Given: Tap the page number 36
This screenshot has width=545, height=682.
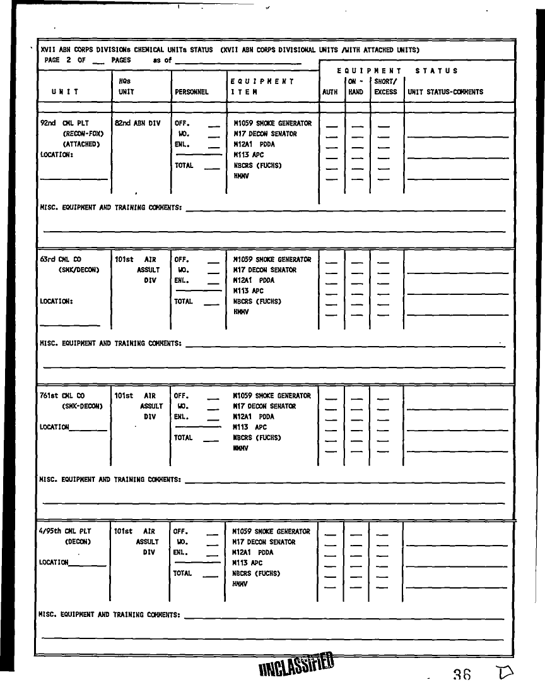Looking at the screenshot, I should pyautogui.click(x=462, y=674).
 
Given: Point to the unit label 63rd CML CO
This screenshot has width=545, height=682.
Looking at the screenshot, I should pyautogui.click(x=61, y=260).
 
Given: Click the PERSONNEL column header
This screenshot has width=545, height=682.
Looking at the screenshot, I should pyautogui.click(x=191, y=92).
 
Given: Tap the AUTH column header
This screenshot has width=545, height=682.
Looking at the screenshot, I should pyautogui.click(x=330, y=92).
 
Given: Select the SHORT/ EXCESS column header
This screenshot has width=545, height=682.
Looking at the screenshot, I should pyautogui.click(x=385, y=87).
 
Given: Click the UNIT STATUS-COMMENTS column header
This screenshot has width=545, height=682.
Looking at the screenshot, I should pyautogui.click(x=445, y=92).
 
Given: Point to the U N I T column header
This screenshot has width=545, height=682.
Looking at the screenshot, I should pyautogui.click(x=66, y=92).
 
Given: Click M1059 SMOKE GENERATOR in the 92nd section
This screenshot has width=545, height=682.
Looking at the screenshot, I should pyautogui.click(x=272, y=124).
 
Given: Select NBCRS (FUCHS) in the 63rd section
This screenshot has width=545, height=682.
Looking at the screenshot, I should pyautogui.click(x=257, y=302).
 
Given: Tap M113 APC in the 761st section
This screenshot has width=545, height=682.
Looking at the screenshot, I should pyautogui.click(x=250, y=428).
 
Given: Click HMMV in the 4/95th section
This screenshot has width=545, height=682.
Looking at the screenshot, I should pyautogui.click(x=240, y=584).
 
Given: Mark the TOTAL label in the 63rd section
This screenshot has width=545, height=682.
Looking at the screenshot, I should pyautogui.click(x=184, y=302).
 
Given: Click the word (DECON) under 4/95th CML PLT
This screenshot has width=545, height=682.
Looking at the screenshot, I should pyautogui.click(x=78, y=542).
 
